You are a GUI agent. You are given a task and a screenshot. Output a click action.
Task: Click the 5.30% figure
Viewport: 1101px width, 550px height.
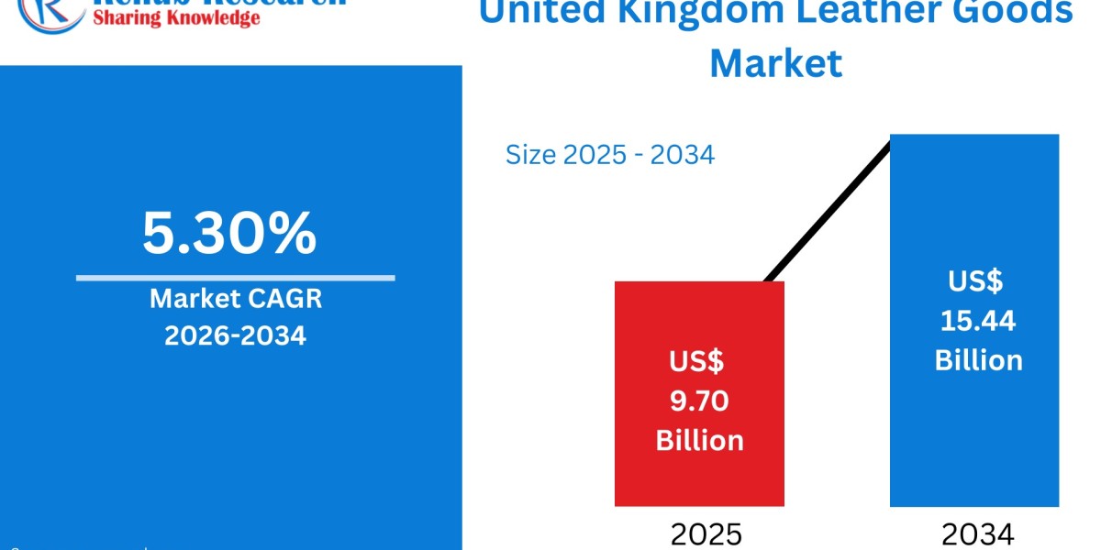coord(229,233)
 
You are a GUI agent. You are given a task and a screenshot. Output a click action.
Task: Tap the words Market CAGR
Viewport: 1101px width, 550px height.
coord(235,300)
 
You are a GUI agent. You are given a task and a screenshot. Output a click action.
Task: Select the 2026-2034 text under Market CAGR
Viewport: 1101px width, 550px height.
coord(235,336)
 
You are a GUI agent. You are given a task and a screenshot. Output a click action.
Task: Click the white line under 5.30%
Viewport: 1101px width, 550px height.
coord(235,277)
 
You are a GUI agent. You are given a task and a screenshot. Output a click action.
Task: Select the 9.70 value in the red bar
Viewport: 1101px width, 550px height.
coord(699,401)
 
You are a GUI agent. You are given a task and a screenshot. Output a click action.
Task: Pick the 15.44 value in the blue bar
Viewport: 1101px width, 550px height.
coord(978,320)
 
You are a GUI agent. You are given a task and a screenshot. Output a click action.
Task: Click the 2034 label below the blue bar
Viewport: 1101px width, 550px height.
coord(978,534)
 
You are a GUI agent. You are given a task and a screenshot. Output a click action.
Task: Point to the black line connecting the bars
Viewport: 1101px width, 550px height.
coord(826,211)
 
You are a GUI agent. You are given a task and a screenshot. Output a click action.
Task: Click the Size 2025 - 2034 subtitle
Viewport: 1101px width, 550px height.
coord(609,155)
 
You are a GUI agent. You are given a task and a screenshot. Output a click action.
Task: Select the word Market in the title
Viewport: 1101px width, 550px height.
coord(776,62)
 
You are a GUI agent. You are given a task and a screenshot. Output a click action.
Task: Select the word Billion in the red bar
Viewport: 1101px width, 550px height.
coord(699,440)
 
